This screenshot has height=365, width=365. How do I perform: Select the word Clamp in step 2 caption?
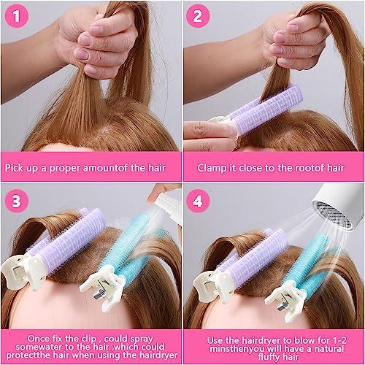[212, 167]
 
